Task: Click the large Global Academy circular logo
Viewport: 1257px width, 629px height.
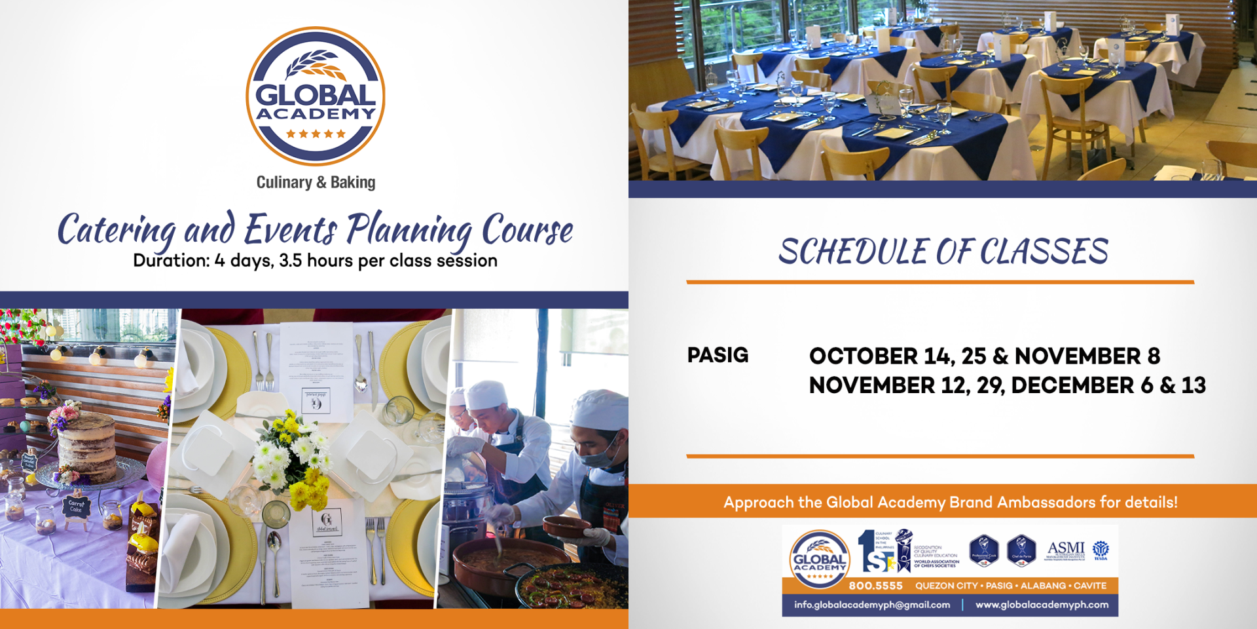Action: [315, 96]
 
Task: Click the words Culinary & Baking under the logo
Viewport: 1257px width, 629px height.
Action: [316, 182]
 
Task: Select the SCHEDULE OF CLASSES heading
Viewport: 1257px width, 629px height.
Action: [943, 252]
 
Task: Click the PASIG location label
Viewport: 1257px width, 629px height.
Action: [718, 355]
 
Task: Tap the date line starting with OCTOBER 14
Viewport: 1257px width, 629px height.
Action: [984, 356]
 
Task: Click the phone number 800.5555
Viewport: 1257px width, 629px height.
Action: [875, 586]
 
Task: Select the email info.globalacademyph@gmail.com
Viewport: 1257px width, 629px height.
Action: [871, 605]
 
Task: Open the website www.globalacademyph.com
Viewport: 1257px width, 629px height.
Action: [1042, 605]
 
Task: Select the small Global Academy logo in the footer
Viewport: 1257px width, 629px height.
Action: [819, 558]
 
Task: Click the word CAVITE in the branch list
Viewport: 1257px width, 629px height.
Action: [1090, 586]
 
